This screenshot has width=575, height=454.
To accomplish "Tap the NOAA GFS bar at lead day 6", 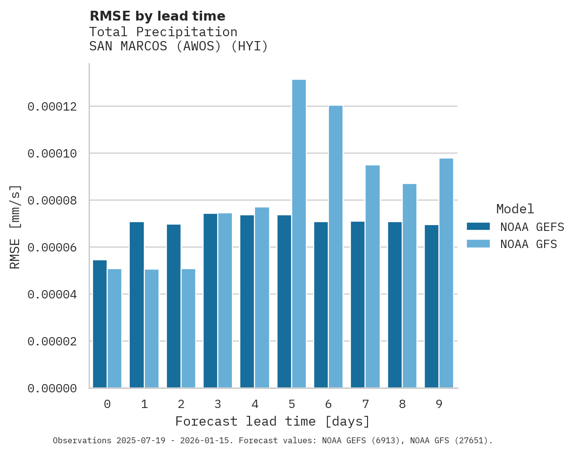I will tap(336, 247).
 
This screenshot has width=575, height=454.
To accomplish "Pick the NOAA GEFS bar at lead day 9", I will tap(432, 306).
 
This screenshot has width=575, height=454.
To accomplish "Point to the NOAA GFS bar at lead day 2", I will tap(188, 328).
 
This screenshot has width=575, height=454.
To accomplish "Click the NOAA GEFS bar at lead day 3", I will tap(210, 301).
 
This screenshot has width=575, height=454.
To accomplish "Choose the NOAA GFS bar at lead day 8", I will tap(410, 286).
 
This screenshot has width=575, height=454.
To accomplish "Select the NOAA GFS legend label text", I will tap(529, 244).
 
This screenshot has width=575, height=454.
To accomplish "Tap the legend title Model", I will tap(515, 209).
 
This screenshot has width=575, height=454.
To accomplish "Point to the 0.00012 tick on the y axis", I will tap(52, 107).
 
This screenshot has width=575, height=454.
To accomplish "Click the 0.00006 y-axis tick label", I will tap(52, 248).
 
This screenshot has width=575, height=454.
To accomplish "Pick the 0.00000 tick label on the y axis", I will tap(52, 388).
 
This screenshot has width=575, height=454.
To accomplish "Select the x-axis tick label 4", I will tap(255, 405).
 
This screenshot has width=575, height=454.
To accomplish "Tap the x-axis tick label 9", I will tap(439, 405).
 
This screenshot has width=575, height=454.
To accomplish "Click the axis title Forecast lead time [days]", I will tap(273, 422).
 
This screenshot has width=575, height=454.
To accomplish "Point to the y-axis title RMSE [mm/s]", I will tap(16, 227).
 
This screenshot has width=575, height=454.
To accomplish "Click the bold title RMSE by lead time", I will tap(158, 16).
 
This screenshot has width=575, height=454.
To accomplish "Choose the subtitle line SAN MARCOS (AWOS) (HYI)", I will tap(179, 47).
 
